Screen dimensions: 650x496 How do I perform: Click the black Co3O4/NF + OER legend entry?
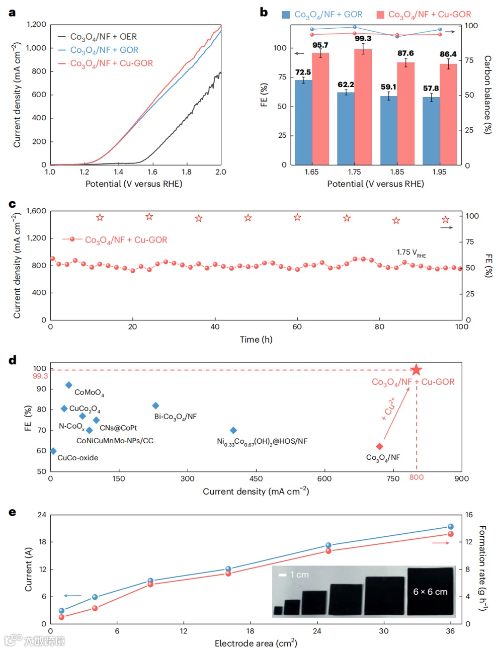click(103, 37)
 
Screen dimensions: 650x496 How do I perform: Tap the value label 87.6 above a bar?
click(405, 53)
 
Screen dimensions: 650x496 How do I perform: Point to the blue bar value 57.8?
click(431, 89)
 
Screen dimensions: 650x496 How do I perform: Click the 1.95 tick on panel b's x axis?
click(439, 172)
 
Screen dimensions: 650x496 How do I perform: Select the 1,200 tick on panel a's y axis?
click(36, 24)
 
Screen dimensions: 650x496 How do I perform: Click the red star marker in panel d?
click(416, 370)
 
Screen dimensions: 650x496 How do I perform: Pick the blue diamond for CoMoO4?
click(69, 385)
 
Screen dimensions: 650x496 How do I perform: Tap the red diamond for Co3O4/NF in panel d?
click(380, 446)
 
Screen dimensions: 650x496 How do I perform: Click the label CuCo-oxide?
click(78, 458)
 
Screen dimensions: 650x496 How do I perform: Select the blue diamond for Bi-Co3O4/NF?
click(155, 405)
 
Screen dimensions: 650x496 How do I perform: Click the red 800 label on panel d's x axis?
click(417, 477)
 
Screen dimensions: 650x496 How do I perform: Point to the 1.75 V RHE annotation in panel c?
click(411, 253)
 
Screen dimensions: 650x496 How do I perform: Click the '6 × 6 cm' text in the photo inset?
click(430, 592)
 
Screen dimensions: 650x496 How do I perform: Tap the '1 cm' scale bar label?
click(299, 575)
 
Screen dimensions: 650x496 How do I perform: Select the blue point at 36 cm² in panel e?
click(451, 527)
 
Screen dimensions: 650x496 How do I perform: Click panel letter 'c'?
click(13, 204)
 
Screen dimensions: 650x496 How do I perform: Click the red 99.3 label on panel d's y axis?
click(40, 376)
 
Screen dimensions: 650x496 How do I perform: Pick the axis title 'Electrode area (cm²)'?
click(256, 643)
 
